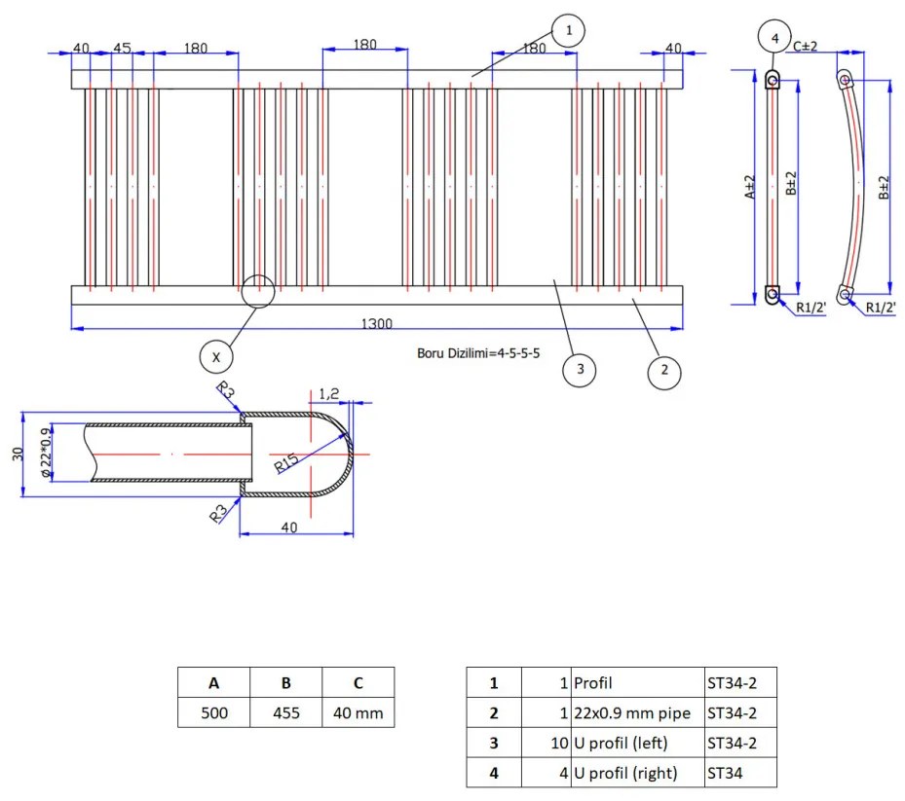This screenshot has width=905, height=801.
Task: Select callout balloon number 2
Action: coord(664,370)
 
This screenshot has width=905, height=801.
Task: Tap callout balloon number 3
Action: coord(580,370)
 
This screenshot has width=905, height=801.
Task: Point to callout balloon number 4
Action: coord(775,38)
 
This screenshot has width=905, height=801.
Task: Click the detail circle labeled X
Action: coord(216,357)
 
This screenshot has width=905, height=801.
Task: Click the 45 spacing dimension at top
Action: coord(122,48)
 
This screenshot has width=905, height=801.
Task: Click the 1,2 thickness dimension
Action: coord(328,393)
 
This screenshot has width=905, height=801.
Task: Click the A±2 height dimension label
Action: coord(748,187)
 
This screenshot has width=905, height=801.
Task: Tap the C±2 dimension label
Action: coord(805,46)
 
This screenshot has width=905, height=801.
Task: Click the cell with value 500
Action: coord(213,712)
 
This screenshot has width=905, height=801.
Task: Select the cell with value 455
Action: coord(285,712)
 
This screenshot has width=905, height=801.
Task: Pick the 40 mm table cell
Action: coord(358,712)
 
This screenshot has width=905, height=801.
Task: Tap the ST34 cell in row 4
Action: coord(740,774)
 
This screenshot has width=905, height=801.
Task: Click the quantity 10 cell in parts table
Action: coord(546,744)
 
